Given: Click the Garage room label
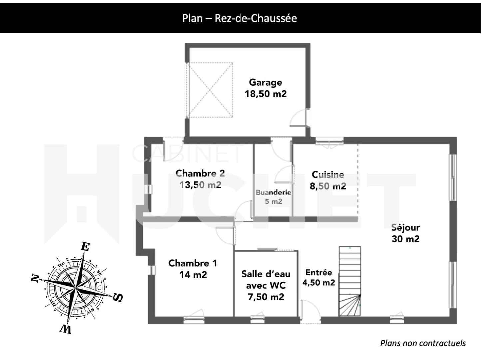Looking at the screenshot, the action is point(265,83).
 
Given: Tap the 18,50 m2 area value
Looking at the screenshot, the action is point(265,94).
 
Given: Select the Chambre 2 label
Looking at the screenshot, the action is point(200,173).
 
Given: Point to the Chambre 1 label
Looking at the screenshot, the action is point(193,263).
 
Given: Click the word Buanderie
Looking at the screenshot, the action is point(274,192).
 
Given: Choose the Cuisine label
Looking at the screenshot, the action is point(328,175).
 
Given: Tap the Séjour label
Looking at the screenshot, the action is point(406,228).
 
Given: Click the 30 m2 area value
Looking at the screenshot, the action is point(406,239).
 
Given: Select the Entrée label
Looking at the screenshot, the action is point(319,273).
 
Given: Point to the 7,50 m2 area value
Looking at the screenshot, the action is point(266,297).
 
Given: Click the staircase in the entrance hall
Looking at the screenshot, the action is point(350,281).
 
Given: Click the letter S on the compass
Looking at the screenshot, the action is point(118,298).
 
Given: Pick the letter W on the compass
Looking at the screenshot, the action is point(66,329).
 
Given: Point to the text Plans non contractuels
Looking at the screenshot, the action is point(423,343).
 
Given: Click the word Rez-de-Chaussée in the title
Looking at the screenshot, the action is point(256,18).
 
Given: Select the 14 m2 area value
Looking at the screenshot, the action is point(193,275).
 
